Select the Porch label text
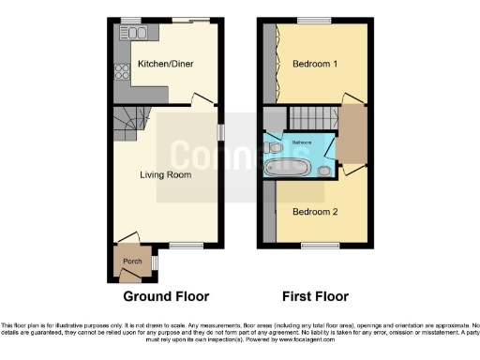point(130,262)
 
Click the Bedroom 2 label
point(313,212)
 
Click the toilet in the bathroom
point(273,148)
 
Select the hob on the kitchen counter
point(122,71)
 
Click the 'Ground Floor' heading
point(166,296)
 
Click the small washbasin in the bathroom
point(323,171)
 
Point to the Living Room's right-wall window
point(222,137)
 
